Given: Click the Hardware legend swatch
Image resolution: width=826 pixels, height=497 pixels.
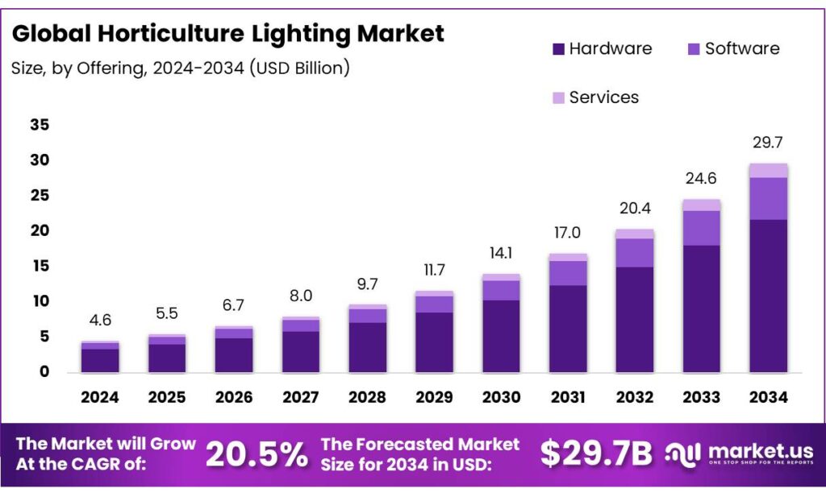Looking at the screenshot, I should point(558,49).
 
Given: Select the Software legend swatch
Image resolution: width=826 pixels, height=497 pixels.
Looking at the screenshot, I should point(695,49).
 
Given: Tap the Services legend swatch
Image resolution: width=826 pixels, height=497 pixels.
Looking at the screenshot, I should point(558,98).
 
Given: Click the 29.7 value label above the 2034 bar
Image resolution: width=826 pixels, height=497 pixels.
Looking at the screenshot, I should point(768,143).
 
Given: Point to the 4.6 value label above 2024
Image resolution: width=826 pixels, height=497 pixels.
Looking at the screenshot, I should point(100,321).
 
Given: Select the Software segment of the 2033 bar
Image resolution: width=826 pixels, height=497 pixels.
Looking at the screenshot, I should point(701,228).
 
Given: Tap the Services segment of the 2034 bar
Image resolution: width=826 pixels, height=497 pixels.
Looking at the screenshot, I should point(768,170).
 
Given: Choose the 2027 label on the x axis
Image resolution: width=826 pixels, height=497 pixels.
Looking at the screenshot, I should point(300,397).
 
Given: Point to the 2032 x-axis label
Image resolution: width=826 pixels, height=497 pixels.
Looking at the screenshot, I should point(634,397).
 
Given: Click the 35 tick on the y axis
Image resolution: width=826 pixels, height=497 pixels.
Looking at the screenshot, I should point(40,125).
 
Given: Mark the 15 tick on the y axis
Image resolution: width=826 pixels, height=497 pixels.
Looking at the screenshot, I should point(40,266).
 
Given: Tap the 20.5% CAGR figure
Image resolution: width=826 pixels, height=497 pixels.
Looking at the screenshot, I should point(257,454).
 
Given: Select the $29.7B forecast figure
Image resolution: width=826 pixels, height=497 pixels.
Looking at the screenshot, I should point(595,454).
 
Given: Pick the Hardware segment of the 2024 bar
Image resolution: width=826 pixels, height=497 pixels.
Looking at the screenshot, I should point(100,360).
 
